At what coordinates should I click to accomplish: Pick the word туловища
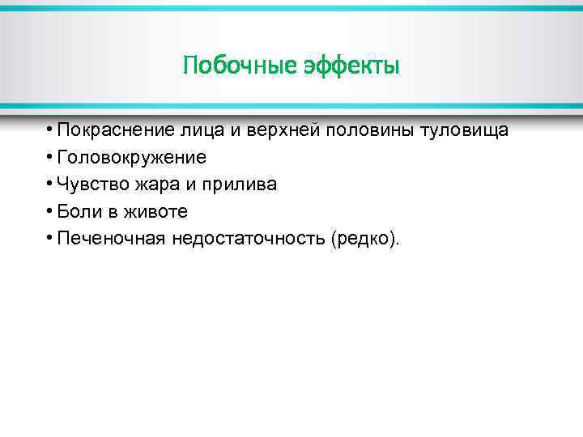(464, 130)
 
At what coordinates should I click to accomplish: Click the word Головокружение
(131, 157)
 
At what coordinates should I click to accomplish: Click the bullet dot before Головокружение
(50, 157)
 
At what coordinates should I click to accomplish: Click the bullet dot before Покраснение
(50, 130)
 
